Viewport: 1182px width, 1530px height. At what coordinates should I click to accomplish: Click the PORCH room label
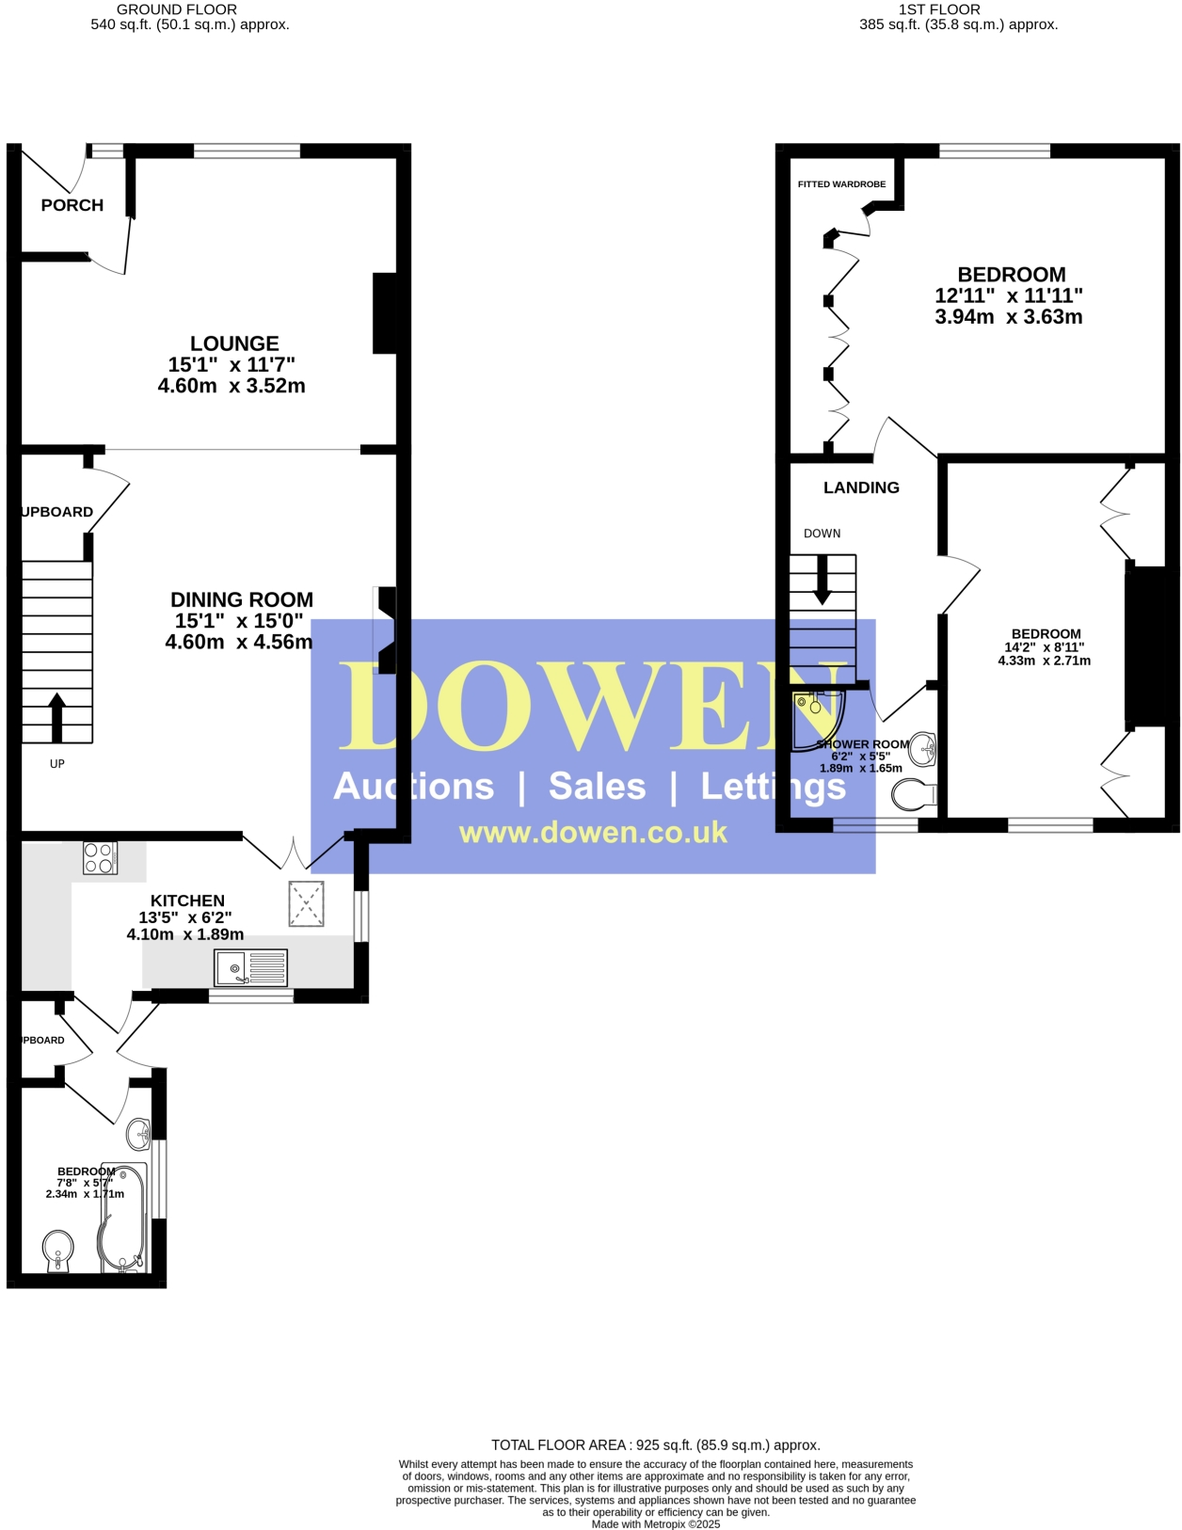click(x=72, y=205)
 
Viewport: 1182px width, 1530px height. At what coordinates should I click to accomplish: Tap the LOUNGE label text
click(x=234, y=343)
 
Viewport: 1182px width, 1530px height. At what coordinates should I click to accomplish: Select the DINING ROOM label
click(x=242, y=599)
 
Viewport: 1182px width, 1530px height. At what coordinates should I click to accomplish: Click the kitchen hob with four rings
click(x=100, y=857)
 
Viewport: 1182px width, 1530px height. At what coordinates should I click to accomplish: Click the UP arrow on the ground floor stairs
click(x=56, y=717)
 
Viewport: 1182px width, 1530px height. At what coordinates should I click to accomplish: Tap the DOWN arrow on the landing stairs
click(x=823, y=580)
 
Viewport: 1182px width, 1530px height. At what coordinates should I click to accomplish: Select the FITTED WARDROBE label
click(x=841, y=184)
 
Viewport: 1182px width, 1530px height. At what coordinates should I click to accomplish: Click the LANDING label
click(x=861, y=487)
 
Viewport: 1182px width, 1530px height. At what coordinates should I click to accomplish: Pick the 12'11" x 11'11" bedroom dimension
click(x=1009, y=295)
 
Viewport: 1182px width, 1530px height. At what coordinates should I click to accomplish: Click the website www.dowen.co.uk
click(x=593, y=833)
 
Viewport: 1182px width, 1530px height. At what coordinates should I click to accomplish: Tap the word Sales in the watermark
click(x=597, y=787)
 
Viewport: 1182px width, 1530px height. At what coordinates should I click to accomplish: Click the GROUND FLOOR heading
click(x=177, y=9)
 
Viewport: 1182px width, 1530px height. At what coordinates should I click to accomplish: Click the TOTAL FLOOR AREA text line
click(x=656, y=1444)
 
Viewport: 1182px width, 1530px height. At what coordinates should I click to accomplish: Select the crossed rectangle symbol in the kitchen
click(x=306, y=903)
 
